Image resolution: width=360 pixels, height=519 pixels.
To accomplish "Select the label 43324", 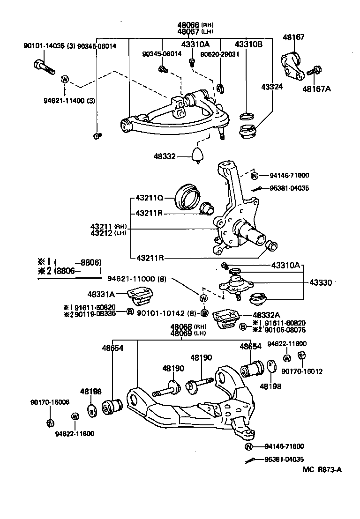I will tap(273, 87).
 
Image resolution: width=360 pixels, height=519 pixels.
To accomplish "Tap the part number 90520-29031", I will tap(220, 54).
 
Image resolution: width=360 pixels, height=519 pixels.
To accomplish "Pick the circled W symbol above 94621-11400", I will tap(65, 79).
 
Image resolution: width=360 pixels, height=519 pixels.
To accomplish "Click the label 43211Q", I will tap(150, 198).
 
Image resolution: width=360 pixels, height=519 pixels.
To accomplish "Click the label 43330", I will tap(320, 282).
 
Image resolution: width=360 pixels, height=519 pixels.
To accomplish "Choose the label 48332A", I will tap(267, 315).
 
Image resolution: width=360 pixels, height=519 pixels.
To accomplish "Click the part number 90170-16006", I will tap(50, 402).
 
